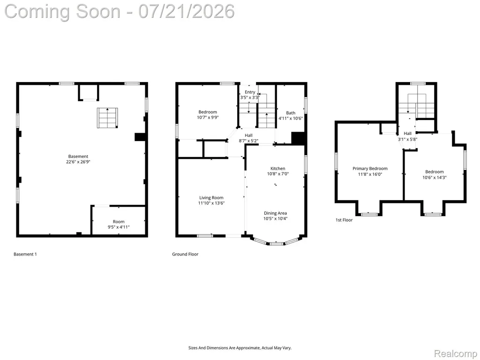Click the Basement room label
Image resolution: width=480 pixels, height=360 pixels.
click(x=78, y=157)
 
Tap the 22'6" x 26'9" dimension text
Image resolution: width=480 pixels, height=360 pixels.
click(x=78, y=162)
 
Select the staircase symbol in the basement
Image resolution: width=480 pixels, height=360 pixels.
click(x=108, y=118)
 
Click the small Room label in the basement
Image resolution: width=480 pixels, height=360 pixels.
click(x=119, y=222)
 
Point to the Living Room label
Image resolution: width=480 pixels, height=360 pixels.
click(x=211, y=198)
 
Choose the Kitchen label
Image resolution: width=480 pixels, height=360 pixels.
click(x=277, y=168)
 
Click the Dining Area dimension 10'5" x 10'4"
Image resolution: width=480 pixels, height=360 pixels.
click(x=275, y=218)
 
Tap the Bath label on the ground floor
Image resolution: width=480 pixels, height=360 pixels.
click(x=291, y=113)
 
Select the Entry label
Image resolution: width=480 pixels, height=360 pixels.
click(x=250, y=92)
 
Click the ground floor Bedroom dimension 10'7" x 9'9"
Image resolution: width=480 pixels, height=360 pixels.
click(x=208, y=117)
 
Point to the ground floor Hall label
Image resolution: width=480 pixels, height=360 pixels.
click(x=248, y=135)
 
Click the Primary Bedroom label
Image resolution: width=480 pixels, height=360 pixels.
click(x=370, y=169)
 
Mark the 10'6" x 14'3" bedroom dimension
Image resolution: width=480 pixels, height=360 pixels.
click(x=435, y=177)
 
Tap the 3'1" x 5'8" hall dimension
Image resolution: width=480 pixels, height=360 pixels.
click(x=407, y=139)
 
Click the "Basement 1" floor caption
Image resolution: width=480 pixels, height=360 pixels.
click(x=25, y=254)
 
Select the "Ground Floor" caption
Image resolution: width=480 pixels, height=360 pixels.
click(x=185, y=254)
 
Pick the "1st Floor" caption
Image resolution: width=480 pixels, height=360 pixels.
click(x=344, y=220)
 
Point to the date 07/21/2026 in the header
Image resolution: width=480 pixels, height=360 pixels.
click(x=187, y=11)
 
